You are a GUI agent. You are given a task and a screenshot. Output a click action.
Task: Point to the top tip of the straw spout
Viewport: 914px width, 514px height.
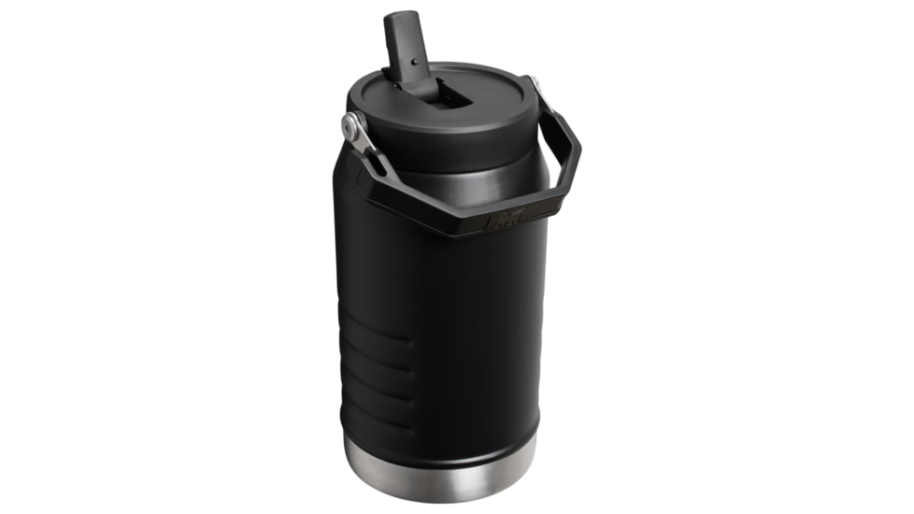coord(400,16)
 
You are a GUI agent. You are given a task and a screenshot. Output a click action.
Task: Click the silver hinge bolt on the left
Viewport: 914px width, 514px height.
coord(352,125)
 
